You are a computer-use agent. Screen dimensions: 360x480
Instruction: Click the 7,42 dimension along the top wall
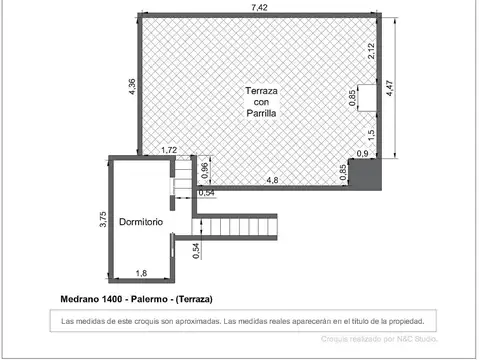tap(259, 7)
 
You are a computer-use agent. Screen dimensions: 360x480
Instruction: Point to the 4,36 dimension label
tap(130, 87)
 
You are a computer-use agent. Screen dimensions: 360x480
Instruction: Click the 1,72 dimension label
tap(169, 151)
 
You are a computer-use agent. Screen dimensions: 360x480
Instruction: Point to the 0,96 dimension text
tap(205, 171)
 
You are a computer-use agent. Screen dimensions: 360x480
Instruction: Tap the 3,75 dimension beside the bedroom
tap(102, 219)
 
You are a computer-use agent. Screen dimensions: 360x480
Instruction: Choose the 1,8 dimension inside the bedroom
tap(141, 273)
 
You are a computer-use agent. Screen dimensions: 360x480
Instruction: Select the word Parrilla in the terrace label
tap(261, 114)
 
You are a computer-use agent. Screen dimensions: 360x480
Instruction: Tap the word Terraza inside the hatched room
tap(261, 90)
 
